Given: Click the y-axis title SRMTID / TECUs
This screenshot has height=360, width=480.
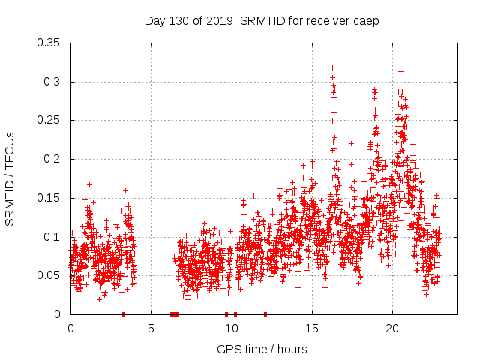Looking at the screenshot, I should coord(10,178).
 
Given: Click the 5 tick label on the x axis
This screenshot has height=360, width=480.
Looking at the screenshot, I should coord(151,328).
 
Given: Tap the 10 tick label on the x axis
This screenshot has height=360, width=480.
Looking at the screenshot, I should coord(231,328).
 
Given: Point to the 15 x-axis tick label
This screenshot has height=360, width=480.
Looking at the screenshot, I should coord(311,328).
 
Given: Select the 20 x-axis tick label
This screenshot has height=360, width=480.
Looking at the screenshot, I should coord(391,328).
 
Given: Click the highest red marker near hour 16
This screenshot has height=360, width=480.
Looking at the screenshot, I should coord(332,68).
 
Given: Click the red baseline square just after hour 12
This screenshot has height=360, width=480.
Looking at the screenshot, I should coord(265,314).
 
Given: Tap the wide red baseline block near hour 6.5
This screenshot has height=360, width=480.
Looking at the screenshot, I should coord(174,314).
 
